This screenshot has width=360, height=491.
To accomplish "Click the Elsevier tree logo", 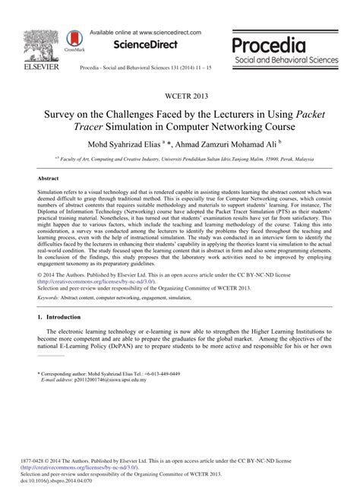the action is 37,43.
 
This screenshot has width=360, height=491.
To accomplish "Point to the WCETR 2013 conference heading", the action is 180,97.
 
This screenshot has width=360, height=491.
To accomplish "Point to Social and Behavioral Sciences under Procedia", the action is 287,59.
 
